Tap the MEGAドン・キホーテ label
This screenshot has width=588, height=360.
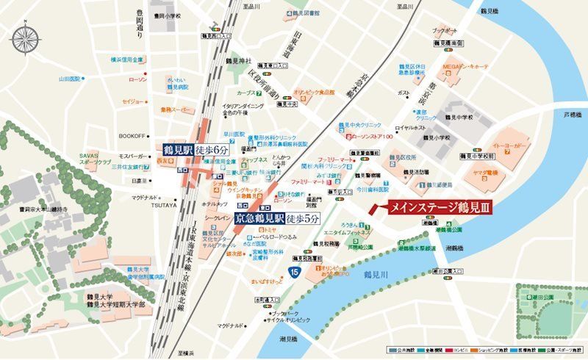click(465, 66)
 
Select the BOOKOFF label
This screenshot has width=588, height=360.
click(132, 135)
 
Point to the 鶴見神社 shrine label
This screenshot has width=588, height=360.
click(238, 60)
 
